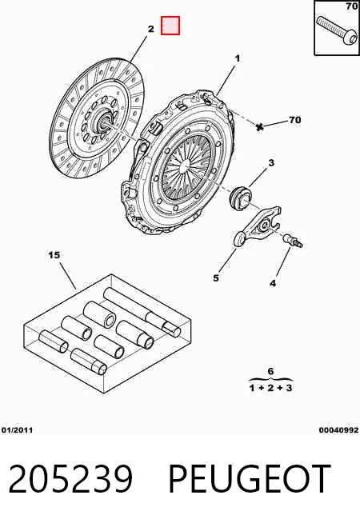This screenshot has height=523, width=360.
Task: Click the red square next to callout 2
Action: [x=170, y=26]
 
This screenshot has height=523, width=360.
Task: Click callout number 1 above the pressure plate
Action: [x=238, y=58]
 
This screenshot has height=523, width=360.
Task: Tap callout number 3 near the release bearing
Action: [x=271, y=163]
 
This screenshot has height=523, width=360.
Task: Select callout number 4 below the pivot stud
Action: [x=273, y=284]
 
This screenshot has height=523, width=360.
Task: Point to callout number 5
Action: [x=216, y=277]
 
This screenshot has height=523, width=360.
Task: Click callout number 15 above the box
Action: [x=54, y=255]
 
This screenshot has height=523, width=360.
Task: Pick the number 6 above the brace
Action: [x=270, y=371]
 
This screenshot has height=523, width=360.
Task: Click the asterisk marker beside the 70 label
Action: [x=259, y=126]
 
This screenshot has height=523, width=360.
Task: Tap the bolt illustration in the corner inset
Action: [x=336, y=32]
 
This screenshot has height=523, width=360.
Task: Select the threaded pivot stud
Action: [x=293, y=241]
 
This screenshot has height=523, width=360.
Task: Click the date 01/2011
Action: [x=18, y=430]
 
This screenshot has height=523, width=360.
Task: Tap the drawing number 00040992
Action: [x=338, y=430]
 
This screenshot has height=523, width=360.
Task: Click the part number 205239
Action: [x=70, y=479]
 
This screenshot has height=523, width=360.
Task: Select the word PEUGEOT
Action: [x=250, y=479]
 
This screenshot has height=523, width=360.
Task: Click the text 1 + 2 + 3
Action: [x=270, y=388]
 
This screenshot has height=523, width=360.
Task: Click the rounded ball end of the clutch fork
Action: [x=239, y=239]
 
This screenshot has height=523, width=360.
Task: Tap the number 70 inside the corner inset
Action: [x=352, y=6]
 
